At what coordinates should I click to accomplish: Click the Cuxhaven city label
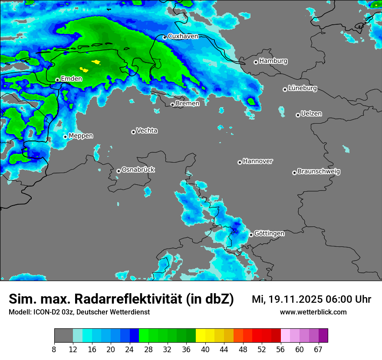click(183, 36)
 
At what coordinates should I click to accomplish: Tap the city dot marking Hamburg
click(256, 62)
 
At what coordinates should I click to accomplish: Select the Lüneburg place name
click(302, 88)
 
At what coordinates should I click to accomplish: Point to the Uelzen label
click(311, 114)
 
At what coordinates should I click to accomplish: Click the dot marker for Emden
click(57, 80)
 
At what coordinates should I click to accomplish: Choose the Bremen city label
click(188, 103)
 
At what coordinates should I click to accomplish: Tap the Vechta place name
click(147, 131)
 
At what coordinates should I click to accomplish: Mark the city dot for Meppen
click(65, 137)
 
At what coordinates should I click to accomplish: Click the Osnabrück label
click(138, 170)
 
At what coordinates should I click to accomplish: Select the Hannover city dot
click(240, 162)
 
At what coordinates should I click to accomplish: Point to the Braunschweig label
click(319, 171)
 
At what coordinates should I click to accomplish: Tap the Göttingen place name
click(269, 233)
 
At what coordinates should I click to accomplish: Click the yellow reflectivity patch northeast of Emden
click(96, 62)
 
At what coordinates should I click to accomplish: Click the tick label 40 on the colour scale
click(205, 349)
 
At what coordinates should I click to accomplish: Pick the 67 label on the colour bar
click(318, 349)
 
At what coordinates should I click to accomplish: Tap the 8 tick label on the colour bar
click(54, 349)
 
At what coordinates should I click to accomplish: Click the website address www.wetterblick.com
click(313, 312)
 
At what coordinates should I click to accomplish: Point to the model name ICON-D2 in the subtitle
click(45, 312)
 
